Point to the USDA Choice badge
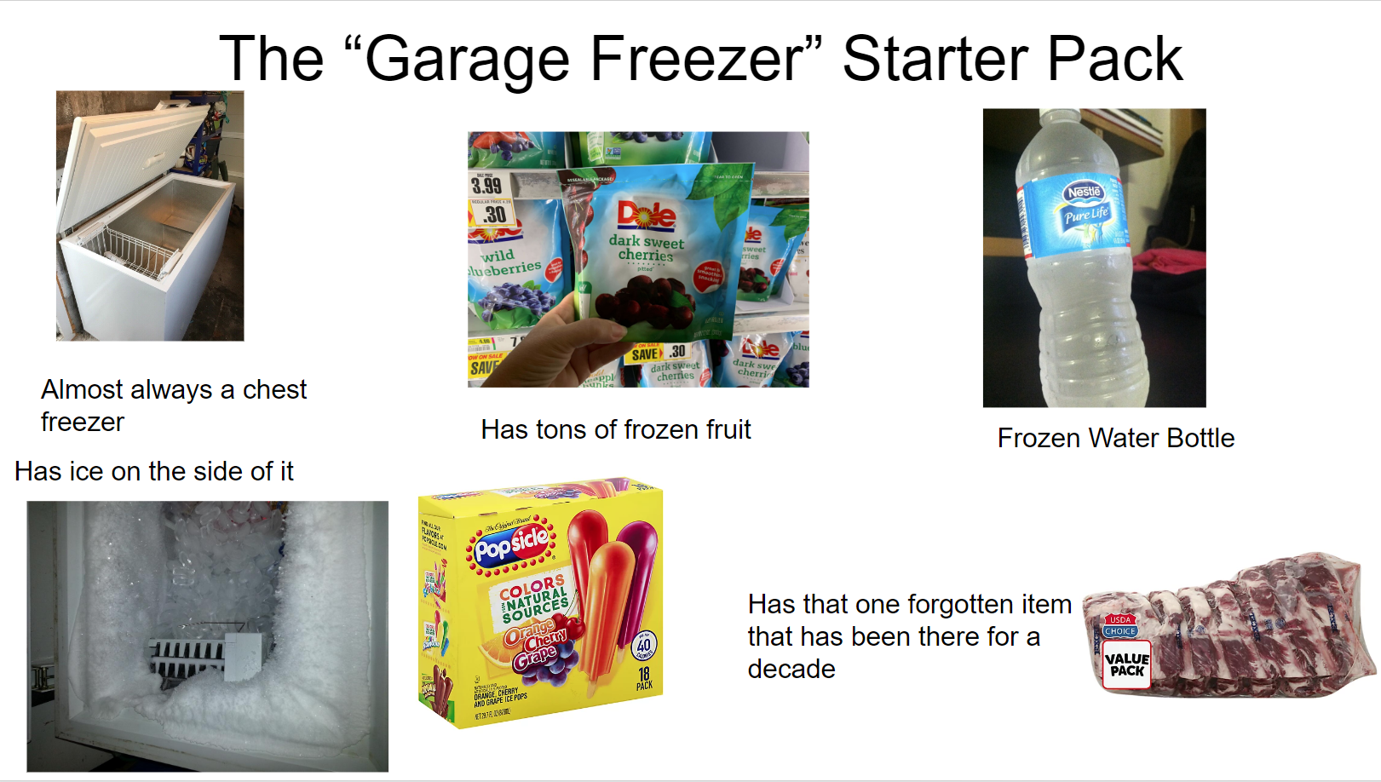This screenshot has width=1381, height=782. coord(1119,626)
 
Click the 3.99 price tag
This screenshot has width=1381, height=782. coord(486,185)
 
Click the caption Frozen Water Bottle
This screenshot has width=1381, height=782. coord(1115,438)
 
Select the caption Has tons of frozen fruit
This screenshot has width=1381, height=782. coord(615,429)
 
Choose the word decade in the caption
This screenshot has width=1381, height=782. coord(791,670)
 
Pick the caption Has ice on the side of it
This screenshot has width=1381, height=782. coord(153,471)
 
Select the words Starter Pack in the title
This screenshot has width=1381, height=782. coord(1011,60)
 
